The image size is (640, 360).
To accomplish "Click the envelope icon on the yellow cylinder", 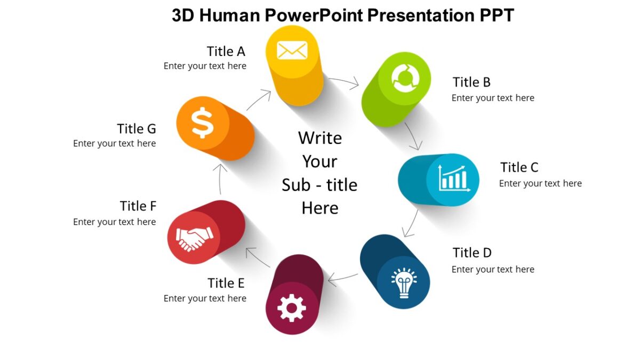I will (x=292, y=51).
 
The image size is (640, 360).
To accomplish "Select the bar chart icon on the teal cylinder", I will (x=453, y=178).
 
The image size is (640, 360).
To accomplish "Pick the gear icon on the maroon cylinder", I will (x=292, y=308).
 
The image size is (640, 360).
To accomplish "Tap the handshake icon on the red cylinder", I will (x=194, y=237).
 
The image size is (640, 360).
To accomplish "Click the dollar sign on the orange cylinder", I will (x=203, y=123).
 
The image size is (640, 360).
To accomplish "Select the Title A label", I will (x=226, y=51).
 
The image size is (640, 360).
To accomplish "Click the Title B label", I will (x=471, y=82).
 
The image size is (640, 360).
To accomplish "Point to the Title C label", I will (x=519, y=167).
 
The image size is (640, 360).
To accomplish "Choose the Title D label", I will (x=472, y=252).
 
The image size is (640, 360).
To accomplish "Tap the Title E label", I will (x=226, y=283).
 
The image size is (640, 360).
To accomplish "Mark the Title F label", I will (x=138, y=206).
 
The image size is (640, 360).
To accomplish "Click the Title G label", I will (x=137, y=129).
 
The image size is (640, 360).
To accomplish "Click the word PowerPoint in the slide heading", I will (x=315, y=15).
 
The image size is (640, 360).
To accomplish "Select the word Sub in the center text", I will (x=295, y=185).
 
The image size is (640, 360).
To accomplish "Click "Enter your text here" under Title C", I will (x=540, y=183).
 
